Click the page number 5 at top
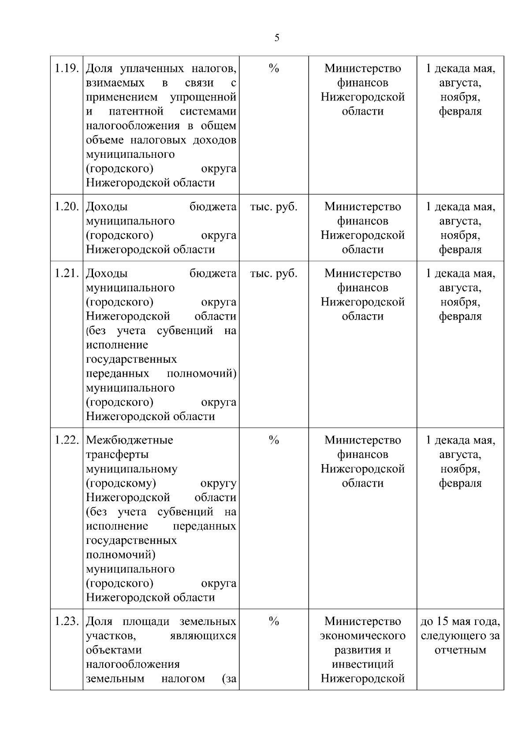tap(277, 38)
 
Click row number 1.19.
tap(67, 69)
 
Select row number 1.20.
tap(67, 207)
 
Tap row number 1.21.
tap(67, 273)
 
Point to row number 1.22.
tap(67, 440)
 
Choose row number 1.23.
tap(67, 621)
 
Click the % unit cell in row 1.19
tap(274, 68)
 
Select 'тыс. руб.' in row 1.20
tap(274, 207)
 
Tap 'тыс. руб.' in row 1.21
tap(274, 273)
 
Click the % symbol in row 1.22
tap(274, 440)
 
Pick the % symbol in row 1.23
tap(274, 621)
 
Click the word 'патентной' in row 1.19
tap(136, 112)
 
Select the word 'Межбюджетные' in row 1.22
tap(130, 440)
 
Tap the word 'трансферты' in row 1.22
tap(117, 454)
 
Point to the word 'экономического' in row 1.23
tap(363, 636)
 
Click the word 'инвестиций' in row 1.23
tap(363, 664)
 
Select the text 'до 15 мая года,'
tap(460, 621)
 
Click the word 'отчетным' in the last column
tap(460, 650)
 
